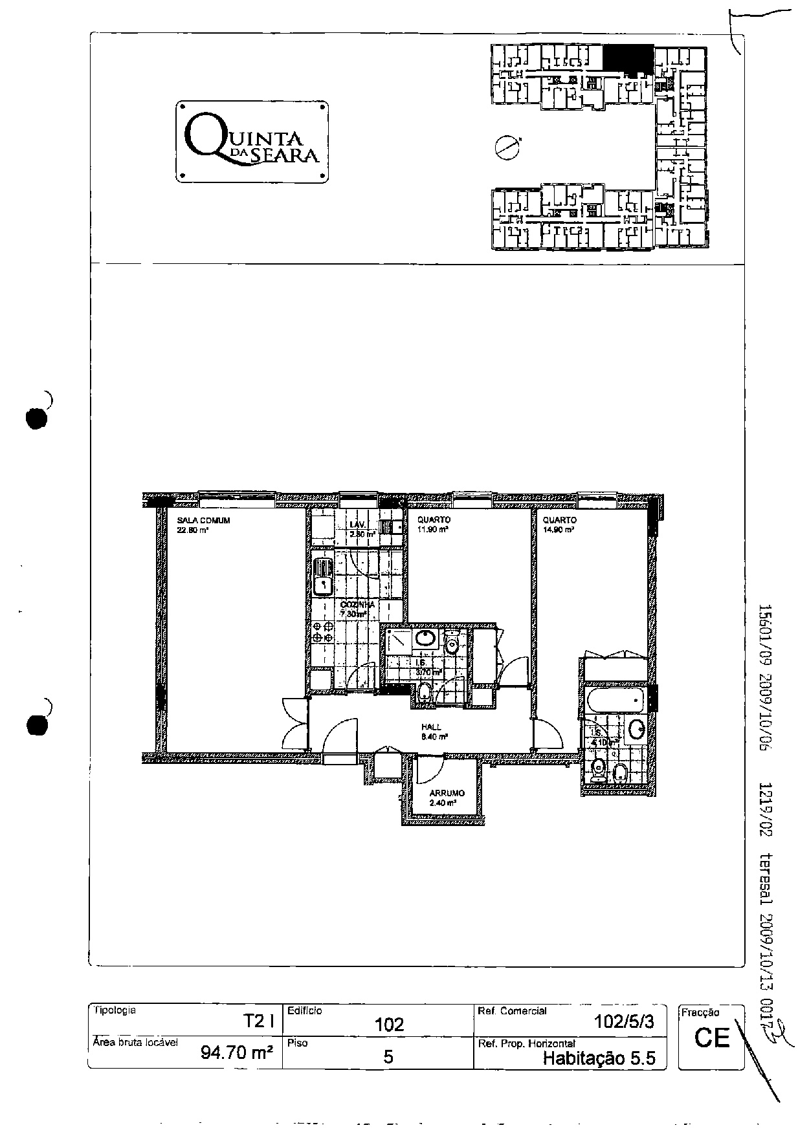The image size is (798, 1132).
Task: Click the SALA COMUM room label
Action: point(203,520)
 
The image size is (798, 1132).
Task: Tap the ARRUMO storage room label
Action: point(447,793)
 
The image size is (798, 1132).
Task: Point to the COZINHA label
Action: point(357,605)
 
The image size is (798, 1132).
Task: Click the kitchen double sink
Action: point(322,576)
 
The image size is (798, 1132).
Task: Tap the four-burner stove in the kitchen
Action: point(322,633)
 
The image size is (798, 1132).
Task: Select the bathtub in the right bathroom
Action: point(615,699)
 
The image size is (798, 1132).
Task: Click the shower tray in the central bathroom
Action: point(398,641)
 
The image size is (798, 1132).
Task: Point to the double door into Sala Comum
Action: point(294,724)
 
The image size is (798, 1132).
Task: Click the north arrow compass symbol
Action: point(505,147)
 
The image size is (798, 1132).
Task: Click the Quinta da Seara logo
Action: point(252,142)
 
